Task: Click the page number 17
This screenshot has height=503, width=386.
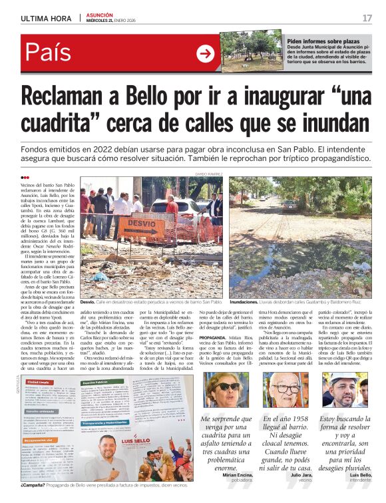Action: tap(367, 17)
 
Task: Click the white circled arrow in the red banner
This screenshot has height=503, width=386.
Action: tap(206, 54)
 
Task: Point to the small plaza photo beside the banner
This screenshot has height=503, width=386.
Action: tap(252, 51)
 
